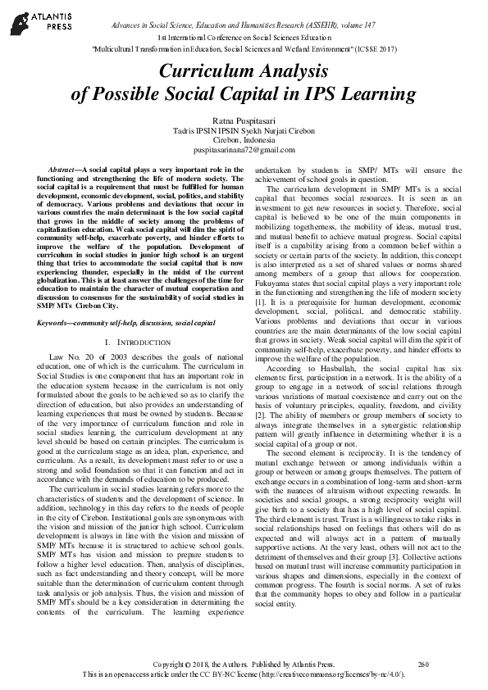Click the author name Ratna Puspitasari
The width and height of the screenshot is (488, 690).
(244, 121)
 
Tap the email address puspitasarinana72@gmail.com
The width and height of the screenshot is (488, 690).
(244, 151)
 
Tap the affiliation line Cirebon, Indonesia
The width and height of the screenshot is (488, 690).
(244, 141)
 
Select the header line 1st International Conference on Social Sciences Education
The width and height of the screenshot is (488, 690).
(244, 39)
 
